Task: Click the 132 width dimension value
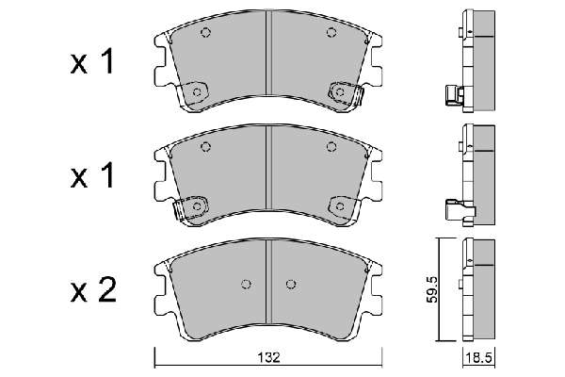tap(268, 357)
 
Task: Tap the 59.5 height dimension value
tap(432, 289)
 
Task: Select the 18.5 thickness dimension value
tap(478, 358)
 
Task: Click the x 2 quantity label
tap(93, 289)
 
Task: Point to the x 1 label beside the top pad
tap(92, 61)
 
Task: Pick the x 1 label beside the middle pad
tap(92, 175)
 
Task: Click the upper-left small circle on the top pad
tap(205, 33)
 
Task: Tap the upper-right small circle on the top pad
tap(331, 33)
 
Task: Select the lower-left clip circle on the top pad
tap(197, 92)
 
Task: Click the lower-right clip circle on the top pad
tap(339, 92)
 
